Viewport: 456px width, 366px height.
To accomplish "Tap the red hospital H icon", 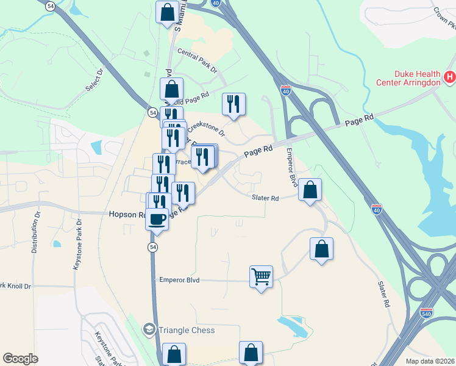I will point(449,77).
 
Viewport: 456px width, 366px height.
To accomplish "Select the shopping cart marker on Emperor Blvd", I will point(261,277).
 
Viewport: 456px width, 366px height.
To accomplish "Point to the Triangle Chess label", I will point(187,330).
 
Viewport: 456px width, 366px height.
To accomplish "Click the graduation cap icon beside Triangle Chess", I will point(149,330).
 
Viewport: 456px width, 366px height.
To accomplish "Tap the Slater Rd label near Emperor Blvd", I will point(265,198).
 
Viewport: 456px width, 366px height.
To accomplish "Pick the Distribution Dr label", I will point(36,232).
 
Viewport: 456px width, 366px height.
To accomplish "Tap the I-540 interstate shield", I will point(427,313).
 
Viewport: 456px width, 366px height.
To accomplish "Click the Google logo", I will point(20,359).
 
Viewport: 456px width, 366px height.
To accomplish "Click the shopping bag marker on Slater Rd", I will point(310,190).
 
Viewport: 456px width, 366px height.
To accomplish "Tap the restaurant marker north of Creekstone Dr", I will point(233,104).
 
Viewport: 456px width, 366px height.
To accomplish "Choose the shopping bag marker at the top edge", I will point(167,12).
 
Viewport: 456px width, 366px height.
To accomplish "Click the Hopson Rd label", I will point(127,215).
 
